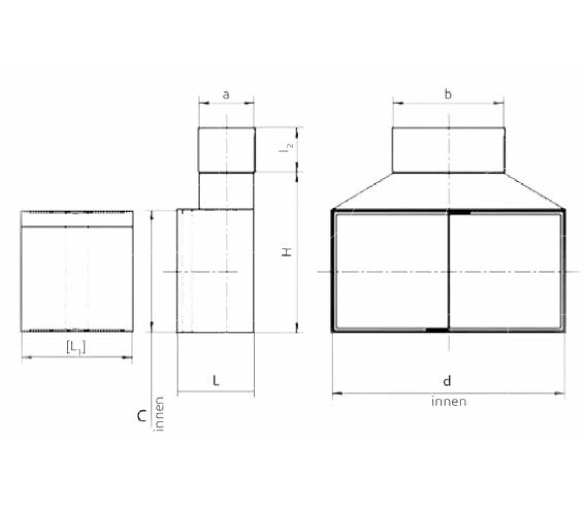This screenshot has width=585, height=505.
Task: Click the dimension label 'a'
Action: pos(226,95)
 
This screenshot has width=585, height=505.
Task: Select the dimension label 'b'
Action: pos(448,95)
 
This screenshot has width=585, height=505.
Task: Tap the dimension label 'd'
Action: pos(447,380)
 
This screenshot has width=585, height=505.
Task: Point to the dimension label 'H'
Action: pos(287,252)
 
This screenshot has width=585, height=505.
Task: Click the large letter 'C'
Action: pos(142,416)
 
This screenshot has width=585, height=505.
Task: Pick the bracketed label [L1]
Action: pos(76,347)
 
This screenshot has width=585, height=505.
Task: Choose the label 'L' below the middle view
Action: pos(216,380)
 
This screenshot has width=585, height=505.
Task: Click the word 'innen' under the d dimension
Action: pos(449,402)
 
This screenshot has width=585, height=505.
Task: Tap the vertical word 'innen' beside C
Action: pos(159,414)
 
